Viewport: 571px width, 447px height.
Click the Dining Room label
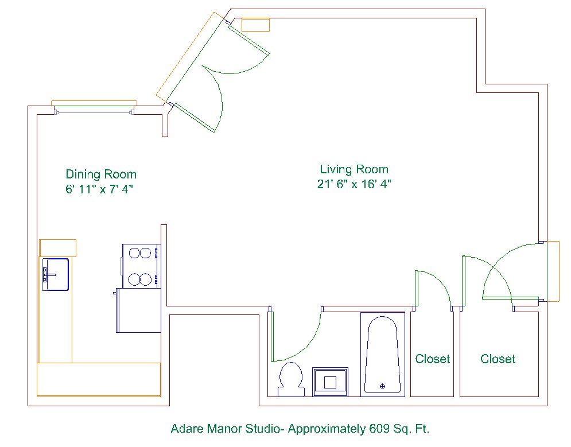click(101, 174)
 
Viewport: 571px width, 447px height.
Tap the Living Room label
click(354, 169)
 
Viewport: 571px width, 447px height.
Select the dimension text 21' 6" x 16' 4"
click(354, 184)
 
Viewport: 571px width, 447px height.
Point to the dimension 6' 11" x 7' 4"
click(99, 189)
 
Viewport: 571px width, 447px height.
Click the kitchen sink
click(55, 274)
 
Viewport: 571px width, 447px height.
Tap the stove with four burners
click(141, 266)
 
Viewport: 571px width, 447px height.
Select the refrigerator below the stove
click(138, 310)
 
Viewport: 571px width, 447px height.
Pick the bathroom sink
click(330, 382)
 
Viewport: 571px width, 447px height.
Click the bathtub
click(383, 355)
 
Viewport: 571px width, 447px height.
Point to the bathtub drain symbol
click(382, 386)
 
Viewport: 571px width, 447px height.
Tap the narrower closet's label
click(433, 359)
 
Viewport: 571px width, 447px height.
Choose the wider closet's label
click(498, 359)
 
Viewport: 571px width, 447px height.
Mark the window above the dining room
click(94, 108)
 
